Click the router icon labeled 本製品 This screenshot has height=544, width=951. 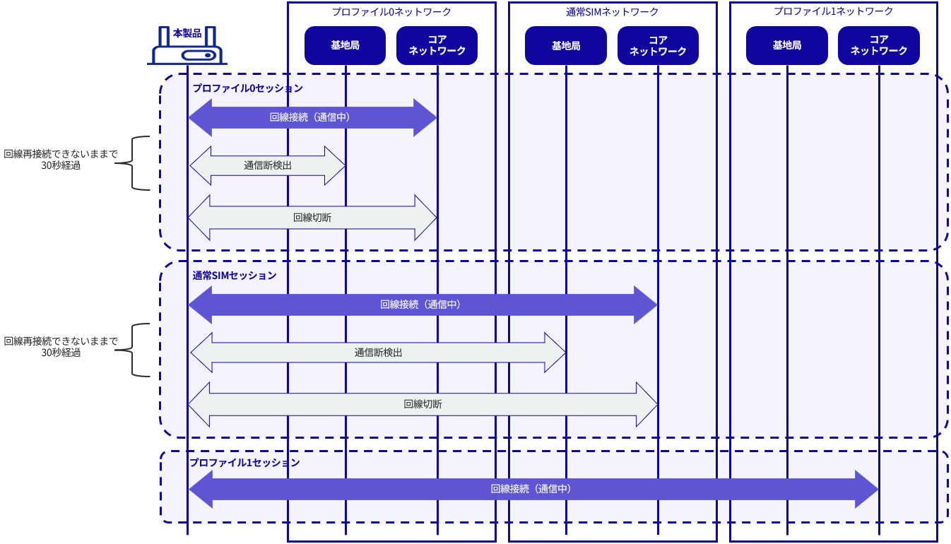click(x=187, y=45)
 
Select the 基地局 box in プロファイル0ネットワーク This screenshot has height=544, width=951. click(x=345, y=45)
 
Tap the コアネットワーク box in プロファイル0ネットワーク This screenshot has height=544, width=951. click(x=437, y=45)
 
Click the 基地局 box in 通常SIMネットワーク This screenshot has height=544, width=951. click(x=565, y=45)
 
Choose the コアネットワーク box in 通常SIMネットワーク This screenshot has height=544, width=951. click(x=658, y=45)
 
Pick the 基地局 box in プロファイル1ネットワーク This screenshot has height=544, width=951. click(x=786, y=45)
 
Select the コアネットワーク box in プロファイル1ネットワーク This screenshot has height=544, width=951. click(x=879, y=45)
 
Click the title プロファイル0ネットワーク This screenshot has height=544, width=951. click(x=391, y=12)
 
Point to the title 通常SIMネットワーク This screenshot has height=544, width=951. click(x=612, y=12)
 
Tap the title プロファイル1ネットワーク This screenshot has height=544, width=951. click(x=834, y=11)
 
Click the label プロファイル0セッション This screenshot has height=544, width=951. click(x=247, y=88)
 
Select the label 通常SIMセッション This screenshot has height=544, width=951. click(x=235, y=276)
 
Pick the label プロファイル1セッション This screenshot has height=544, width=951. click(x=244, y=463)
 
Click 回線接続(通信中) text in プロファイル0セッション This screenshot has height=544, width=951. click(x=310, y=117)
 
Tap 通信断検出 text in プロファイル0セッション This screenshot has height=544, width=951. click(x=268, y=165)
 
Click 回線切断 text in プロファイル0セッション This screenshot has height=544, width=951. click(x=312, y=218)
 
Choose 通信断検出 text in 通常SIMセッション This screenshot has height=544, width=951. click(x=378, y=353)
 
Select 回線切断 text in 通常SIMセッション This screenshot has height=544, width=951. click(x=423, y=404)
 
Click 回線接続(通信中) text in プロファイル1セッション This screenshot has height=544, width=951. click(x=531, y=489)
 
